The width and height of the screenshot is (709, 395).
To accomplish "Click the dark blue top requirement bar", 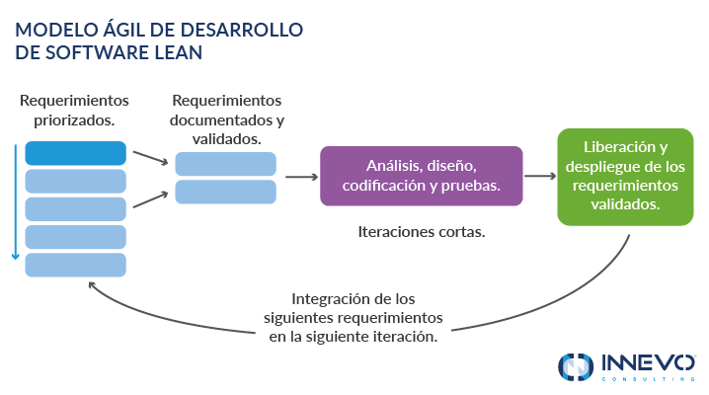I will [75, 153].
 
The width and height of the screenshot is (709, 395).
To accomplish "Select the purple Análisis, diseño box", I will [421, 175].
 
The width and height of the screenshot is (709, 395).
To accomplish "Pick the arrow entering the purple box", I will [300, 177].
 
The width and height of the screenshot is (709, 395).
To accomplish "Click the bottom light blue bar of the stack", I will [75, 265].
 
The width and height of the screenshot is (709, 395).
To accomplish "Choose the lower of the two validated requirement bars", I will [225, 192].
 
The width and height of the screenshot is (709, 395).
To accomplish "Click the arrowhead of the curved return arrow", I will [92, 285].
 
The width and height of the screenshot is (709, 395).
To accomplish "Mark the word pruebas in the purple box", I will [472, 185].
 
